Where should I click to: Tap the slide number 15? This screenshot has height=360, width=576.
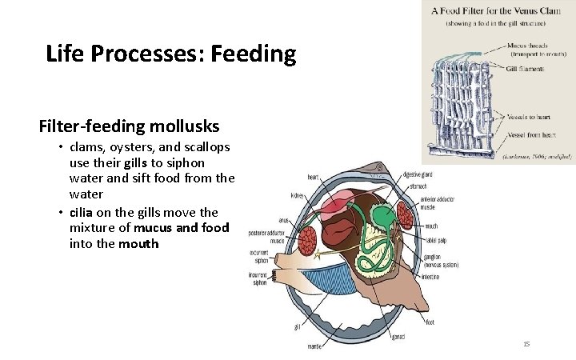[x=526, y=343]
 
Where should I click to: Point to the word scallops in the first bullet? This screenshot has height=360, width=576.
[x=202, y=147]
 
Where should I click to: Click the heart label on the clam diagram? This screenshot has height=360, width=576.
[x=314, y=177]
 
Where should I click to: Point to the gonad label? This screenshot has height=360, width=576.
[x=398, y=336]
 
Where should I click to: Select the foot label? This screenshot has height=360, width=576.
[x=430, y=322]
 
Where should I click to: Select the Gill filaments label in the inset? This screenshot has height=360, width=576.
[x=524, y=69]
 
